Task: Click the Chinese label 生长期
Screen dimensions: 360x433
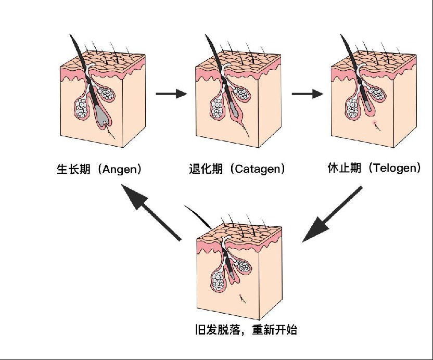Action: (x=73, y=170)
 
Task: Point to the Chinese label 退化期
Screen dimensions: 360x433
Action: (x=205, y=170)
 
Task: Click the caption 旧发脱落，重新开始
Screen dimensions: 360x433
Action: (x=245, y=330)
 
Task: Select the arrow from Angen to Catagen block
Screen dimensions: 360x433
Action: (x=171, y=94)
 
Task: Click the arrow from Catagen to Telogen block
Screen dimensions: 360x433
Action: (x=307, y=94)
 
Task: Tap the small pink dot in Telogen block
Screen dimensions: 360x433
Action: (x=374, y=123)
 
